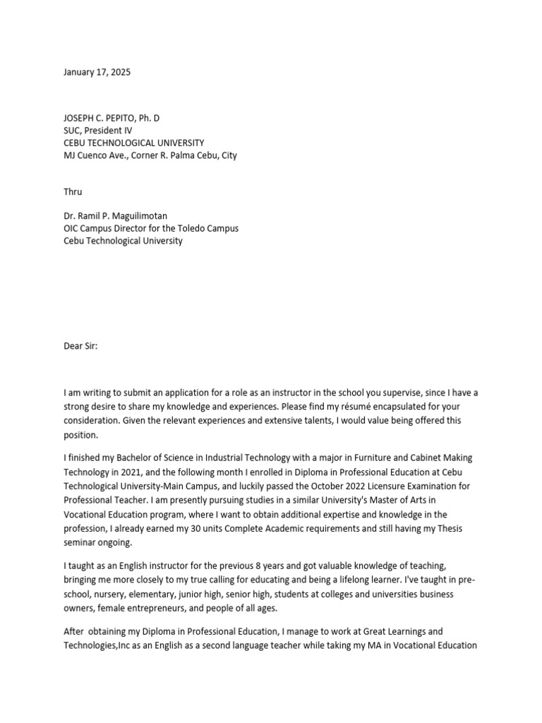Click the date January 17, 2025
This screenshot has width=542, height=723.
(x=97, y=72)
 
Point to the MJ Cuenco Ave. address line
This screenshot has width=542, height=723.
(x=150, y=155)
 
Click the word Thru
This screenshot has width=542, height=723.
(x=73, y=191)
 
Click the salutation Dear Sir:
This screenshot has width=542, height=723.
(x=83, y=346)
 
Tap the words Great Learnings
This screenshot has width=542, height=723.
(x=395, y=631)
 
